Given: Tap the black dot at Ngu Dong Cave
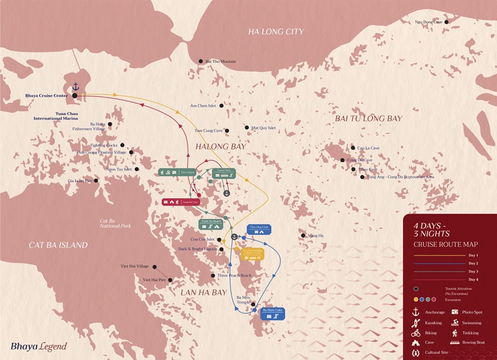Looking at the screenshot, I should [446, 22].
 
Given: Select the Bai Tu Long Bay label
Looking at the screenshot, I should [368, 118].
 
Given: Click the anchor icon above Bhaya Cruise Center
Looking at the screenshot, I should [76, 86].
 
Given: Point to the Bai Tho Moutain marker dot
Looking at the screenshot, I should [201, 61].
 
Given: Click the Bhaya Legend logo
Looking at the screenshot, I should [39, 346].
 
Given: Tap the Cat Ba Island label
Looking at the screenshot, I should [50, 245].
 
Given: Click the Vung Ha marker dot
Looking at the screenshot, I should [303, 235].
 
